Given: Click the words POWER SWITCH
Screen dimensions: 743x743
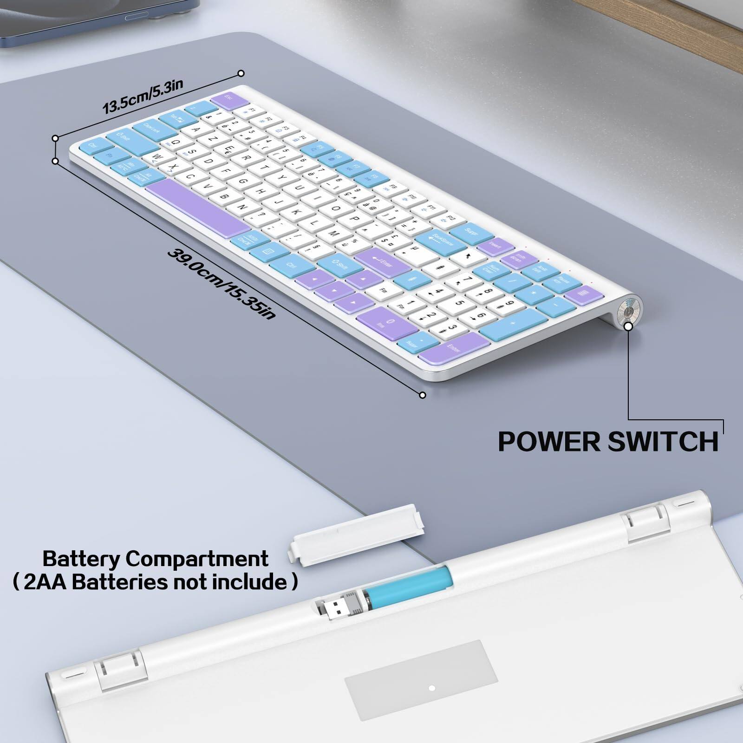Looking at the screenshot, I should (x=608, y=441).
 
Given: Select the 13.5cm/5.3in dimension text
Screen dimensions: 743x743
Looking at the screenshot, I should (x=143, y=96).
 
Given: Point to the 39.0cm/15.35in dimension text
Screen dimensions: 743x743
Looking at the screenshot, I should (x=222, y=284).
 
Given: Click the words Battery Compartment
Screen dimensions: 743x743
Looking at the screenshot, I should (x=155, y=559).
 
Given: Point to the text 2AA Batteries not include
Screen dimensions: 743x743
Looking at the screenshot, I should (x=155, y=581).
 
